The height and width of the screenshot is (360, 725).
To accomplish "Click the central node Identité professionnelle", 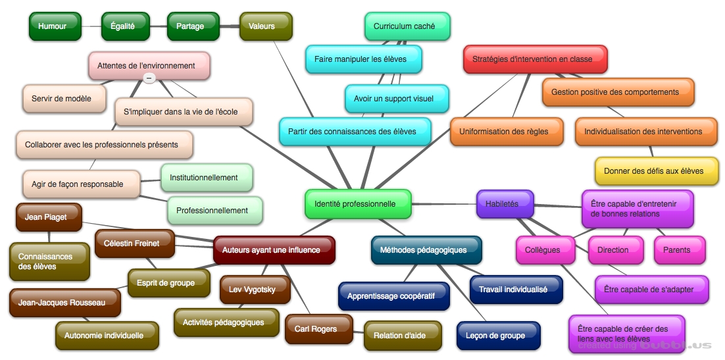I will tap(358, 204).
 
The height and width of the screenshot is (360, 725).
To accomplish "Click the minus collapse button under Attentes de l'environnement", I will tap(149, 78).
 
